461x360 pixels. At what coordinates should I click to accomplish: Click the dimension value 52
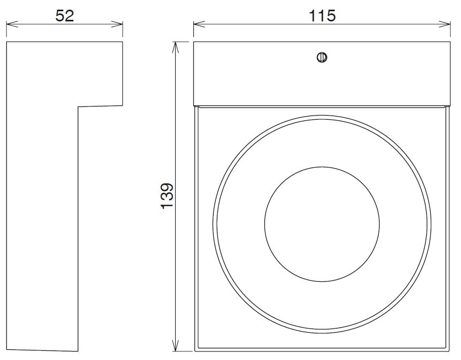coord(64,16)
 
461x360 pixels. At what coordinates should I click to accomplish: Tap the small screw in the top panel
coord(322,57)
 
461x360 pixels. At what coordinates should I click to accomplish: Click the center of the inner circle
coord(322,224)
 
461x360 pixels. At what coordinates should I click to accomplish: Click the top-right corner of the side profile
coord(123,41)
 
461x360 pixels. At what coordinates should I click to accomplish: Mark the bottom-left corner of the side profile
coord(6,350)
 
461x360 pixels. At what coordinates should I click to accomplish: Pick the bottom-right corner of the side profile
coord(78,351)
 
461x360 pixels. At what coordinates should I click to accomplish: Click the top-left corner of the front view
coord(194,41)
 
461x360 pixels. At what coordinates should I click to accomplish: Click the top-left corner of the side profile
coord(6,41)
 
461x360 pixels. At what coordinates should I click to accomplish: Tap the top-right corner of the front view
coord(450,41)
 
